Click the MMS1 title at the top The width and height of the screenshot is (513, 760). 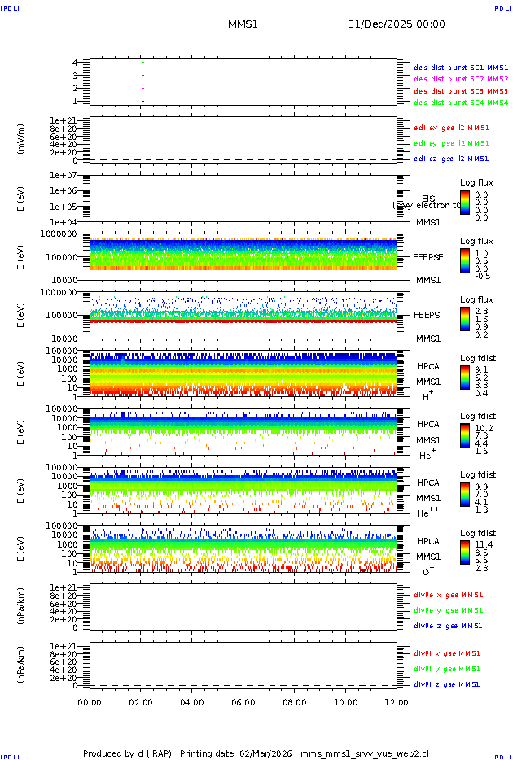pyautogui.click(x=243, y=24)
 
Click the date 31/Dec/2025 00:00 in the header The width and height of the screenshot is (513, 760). pyautogui.click(x=396, y=24)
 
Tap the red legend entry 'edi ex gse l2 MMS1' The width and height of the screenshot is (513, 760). pyautogui.click(x=451, y=127)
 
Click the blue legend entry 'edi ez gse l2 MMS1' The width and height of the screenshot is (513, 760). pyautogui.click(x=451, y=159)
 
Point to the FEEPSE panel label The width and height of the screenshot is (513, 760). pyautogui.click(x=427, y=256)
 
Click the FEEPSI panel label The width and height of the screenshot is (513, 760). pyautogui.click(x=427, y=314)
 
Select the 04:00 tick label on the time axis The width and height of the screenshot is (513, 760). pyautogui.click(x=192, y=702)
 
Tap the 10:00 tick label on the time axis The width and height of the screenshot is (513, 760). pyautogui.click(x=346, y=702)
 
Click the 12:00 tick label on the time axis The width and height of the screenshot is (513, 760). pyautogui.click(x=397, y=702)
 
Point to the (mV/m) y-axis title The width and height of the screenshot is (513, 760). pyautogui.click(x=22, y=139)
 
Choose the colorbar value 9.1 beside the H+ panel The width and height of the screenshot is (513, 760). pyautogui.click(x=481, y=369)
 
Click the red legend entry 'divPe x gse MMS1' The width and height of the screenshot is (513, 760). pyautogui.click(x=448, y=594)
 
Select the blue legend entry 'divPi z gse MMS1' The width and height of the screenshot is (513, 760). pyautogui.click(x=447, y=684)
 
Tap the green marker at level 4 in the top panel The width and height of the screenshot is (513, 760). pyautogui.click(x=142, y=62)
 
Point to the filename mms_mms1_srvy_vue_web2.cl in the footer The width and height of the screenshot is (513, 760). pyautogui.click(x=365, y=753)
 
